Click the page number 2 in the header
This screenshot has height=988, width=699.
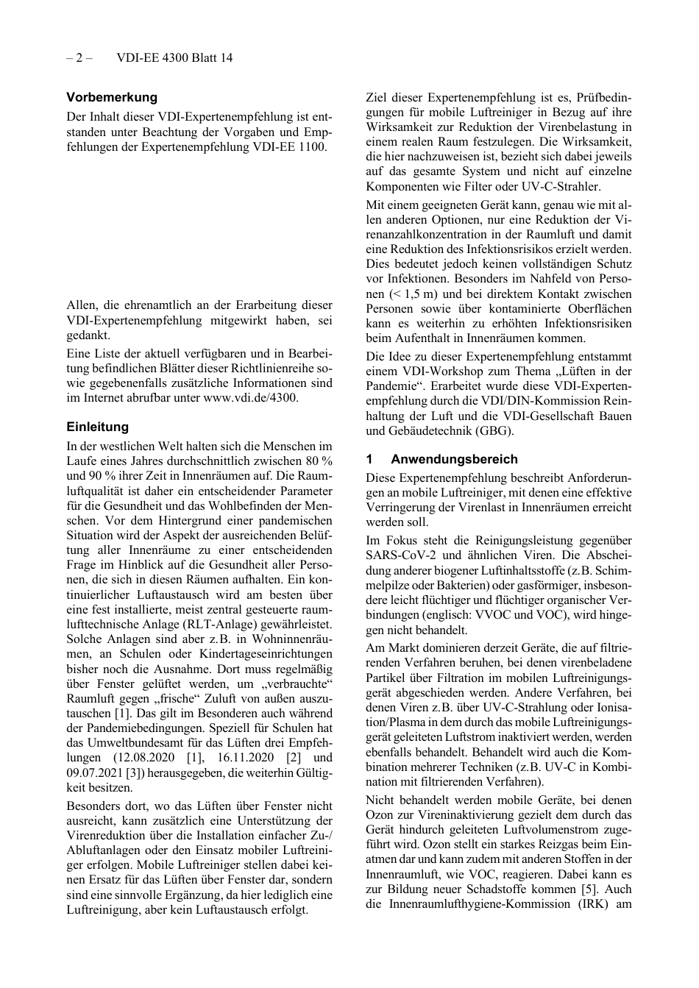coord(79,58)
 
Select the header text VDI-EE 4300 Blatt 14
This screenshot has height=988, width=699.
coord(174,58)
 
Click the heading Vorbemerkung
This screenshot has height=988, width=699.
coord(112,97)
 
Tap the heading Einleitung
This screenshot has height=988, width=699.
coord(97,427)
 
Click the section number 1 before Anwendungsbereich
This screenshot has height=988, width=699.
coord(370,459)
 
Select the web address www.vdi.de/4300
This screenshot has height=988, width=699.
coord(250,398)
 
